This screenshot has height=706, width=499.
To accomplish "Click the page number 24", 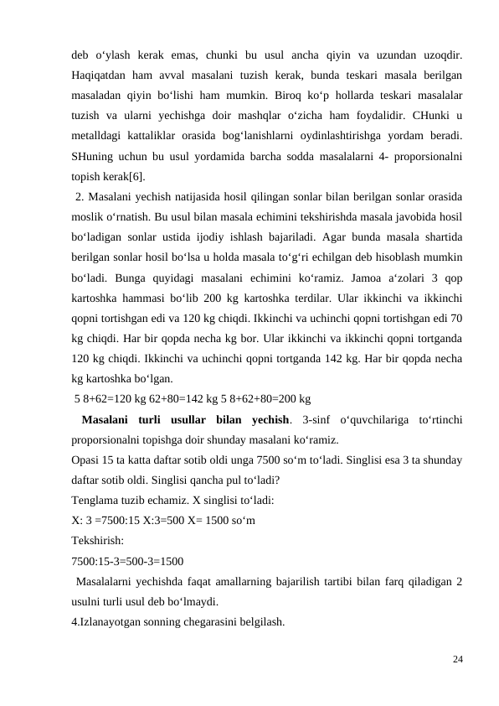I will click(456, 659).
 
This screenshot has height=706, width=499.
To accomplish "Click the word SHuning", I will click(93, 157).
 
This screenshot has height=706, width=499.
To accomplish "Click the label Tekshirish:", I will click(98, 540).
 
